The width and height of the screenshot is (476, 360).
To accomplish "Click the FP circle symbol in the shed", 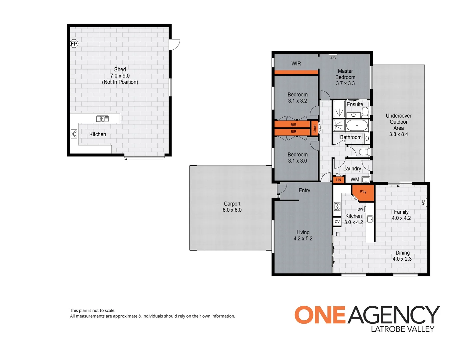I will coord(74,43).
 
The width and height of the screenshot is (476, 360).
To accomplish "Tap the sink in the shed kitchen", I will coord(102,119).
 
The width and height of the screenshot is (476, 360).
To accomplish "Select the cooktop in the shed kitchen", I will coord(74,134).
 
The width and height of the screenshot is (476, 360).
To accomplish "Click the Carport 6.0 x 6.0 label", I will coord(232,207).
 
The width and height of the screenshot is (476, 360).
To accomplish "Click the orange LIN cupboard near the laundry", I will coord(338,180).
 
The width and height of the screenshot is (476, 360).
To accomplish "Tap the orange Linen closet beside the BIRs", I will coord(314,128).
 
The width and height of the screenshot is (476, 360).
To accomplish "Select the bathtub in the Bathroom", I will coord(357,126).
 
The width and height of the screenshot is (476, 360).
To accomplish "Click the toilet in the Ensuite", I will coord(365,111).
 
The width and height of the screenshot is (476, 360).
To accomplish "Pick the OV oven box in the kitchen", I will coord(337,222).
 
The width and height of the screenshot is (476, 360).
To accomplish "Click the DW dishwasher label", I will coord(360,209).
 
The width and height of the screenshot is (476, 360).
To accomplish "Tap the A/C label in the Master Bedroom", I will coord(333,58).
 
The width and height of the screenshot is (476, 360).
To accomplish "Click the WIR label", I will coord(296,63).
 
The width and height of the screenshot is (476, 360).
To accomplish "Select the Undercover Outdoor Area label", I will coord(398,125).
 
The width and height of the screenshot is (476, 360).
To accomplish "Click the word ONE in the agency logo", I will coord(320,315).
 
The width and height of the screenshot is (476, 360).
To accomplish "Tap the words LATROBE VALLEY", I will coord(402,329).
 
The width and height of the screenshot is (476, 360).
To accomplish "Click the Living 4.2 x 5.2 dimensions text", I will coord(303,239).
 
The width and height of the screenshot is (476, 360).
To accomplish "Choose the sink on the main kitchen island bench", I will coord(370,219).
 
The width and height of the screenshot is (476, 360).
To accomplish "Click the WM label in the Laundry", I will coord(355,180).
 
